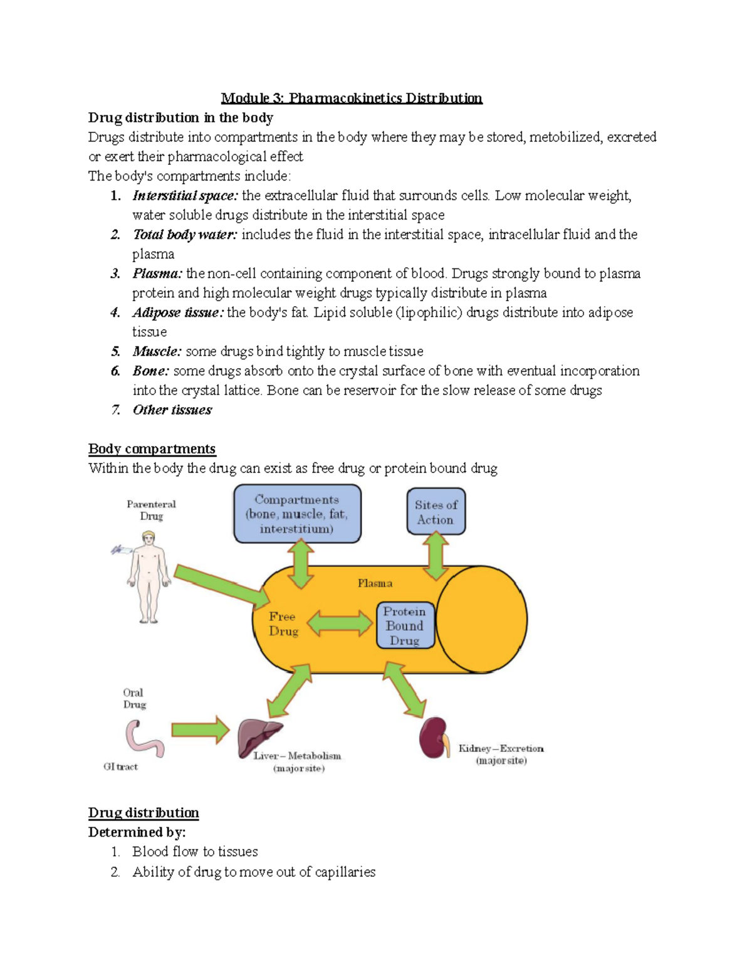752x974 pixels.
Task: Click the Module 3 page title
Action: (351, 98)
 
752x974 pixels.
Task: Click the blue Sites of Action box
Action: (436, 512)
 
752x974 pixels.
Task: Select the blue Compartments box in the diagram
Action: (297, 514)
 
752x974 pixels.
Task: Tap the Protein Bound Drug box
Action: (405, 625)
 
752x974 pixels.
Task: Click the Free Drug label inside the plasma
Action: (283, 624)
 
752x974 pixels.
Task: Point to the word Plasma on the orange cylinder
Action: (375, 583)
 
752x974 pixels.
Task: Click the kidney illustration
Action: (434, 738)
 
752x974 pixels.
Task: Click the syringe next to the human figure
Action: (120, 550)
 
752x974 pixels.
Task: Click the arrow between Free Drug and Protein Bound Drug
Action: (340, 624)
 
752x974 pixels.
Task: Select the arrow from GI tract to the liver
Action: (201, 729)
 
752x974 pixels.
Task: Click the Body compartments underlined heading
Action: (152, 449)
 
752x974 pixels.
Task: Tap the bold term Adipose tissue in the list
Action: (177, 312)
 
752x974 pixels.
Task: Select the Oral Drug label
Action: (133, 698)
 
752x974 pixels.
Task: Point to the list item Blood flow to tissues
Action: (195, 852)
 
